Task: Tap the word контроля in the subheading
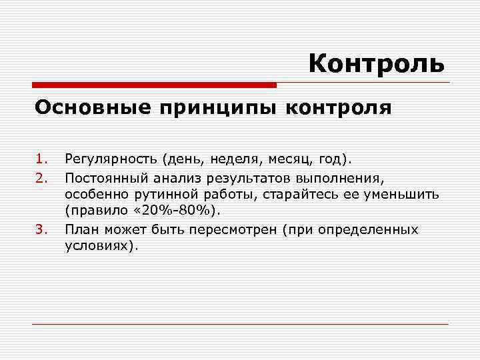click(x=339, y=107)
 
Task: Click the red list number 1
click(x=42, y=159)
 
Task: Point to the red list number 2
click(x=42, y=177)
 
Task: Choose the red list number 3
click(x=42, y=229)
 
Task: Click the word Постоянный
click(x=107, y=177)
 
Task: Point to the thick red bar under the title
click(x=155, y=85)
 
